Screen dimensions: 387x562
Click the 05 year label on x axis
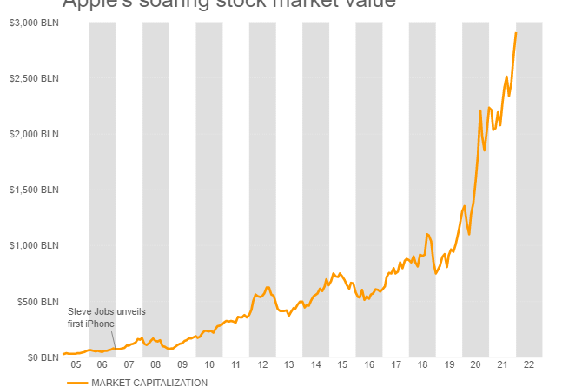coord(76,365)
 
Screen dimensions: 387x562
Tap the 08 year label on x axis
coord(155,365)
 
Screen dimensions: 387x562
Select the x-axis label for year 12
coord(262,365)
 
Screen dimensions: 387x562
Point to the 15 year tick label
coord(342,365)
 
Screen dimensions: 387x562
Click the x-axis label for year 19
coord(449,365)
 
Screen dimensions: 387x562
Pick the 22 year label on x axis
coord(529,365)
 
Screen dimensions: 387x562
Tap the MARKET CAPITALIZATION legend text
coord(149,382)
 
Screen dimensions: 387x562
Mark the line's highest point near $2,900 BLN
coord(516,33)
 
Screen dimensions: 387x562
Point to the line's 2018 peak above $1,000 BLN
coord(427,234)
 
